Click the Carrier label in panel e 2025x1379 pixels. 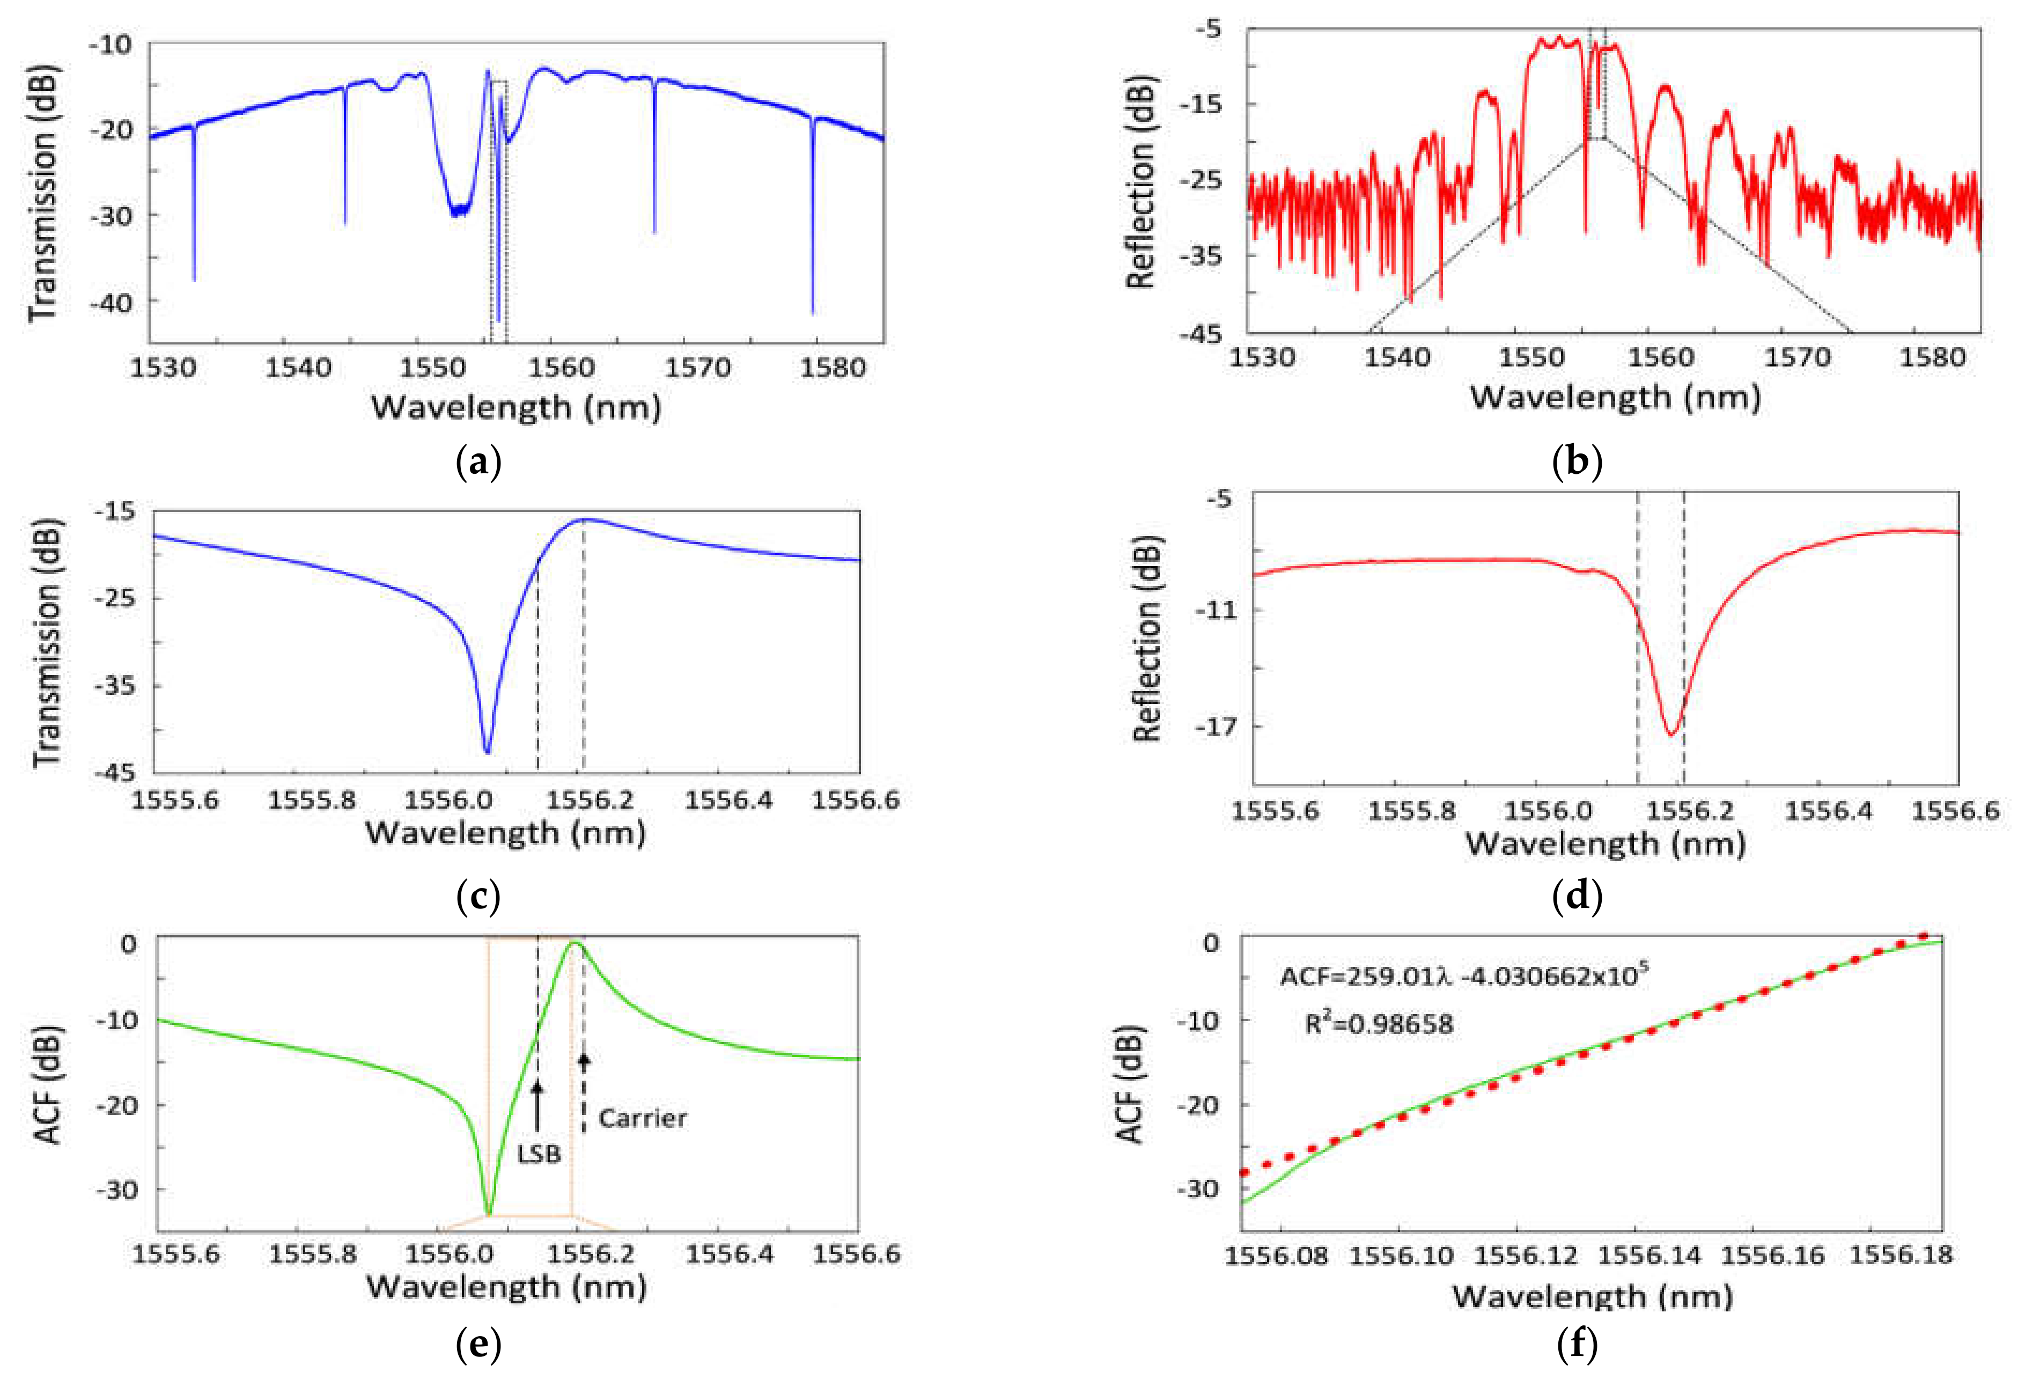[642, 1118]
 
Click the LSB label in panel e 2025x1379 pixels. [539, 1154]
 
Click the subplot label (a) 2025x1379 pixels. [478, 462]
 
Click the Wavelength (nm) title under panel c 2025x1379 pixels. [505, 832]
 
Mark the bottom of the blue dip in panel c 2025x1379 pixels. [487, 751]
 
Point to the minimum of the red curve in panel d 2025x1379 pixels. [1670, 735]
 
